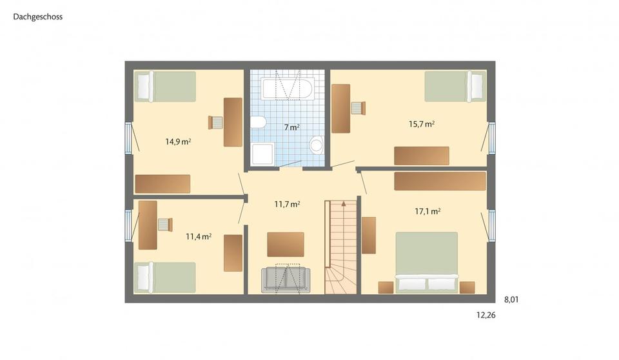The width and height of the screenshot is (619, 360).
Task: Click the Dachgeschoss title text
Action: tap(37, 17)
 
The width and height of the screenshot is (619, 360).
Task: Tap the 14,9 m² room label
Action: tap(178, 141)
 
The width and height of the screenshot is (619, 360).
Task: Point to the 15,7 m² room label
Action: tap(422, 124)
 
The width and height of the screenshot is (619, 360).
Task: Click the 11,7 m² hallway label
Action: tap(287, 205)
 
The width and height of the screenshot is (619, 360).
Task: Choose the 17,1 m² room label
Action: tap(427, 211)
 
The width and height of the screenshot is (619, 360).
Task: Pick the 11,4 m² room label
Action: tap(199, 237)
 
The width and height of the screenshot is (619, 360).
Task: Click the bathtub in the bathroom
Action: tap(288, 88)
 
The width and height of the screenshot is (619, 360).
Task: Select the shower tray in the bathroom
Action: tap(262, 154)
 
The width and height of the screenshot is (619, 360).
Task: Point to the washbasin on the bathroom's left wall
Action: tap(258, 123)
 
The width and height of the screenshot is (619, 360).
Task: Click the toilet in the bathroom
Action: tap(316, 145)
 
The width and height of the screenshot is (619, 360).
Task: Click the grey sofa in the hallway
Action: tap(286, 280)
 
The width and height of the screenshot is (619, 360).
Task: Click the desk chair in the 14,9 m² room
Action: tap(215, 122)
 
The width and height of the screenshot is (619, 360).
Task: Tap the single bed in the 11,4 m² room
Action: tap(164, 277)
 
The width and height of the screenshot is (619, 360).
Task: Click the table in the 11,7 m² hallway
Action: tap(285, 244)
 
